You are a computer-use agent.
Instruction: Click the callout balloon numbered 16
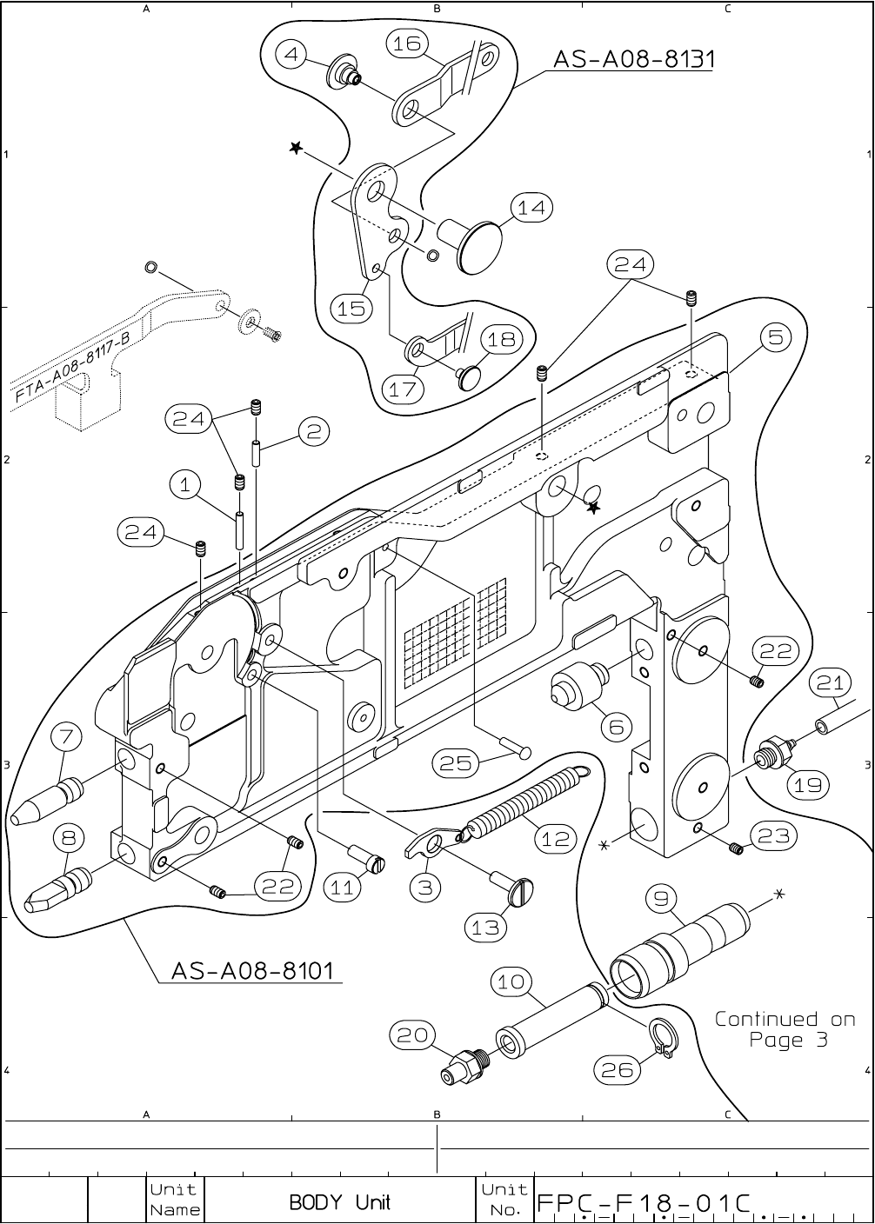[407, 43]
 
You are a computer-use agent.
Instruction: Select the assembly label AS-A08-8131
[634, 59]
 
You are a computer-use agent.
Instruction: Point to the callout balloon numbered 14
[531, 208]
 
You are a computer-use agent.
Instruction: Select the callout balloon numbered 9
[661, 899]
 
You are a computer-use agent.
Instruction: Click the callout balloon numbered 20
[412, 1035]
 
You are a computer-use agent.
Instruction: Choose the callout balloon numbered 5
[776, 337]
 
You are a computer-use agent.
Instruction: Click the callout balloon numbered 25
[455, 763]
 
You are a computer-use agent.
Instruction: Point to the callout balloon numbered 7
[66, 737]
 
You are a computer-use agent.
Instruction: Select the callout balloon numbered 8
[69, 838]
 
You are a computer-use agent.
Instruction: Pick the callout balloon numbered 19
[808, 785]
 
